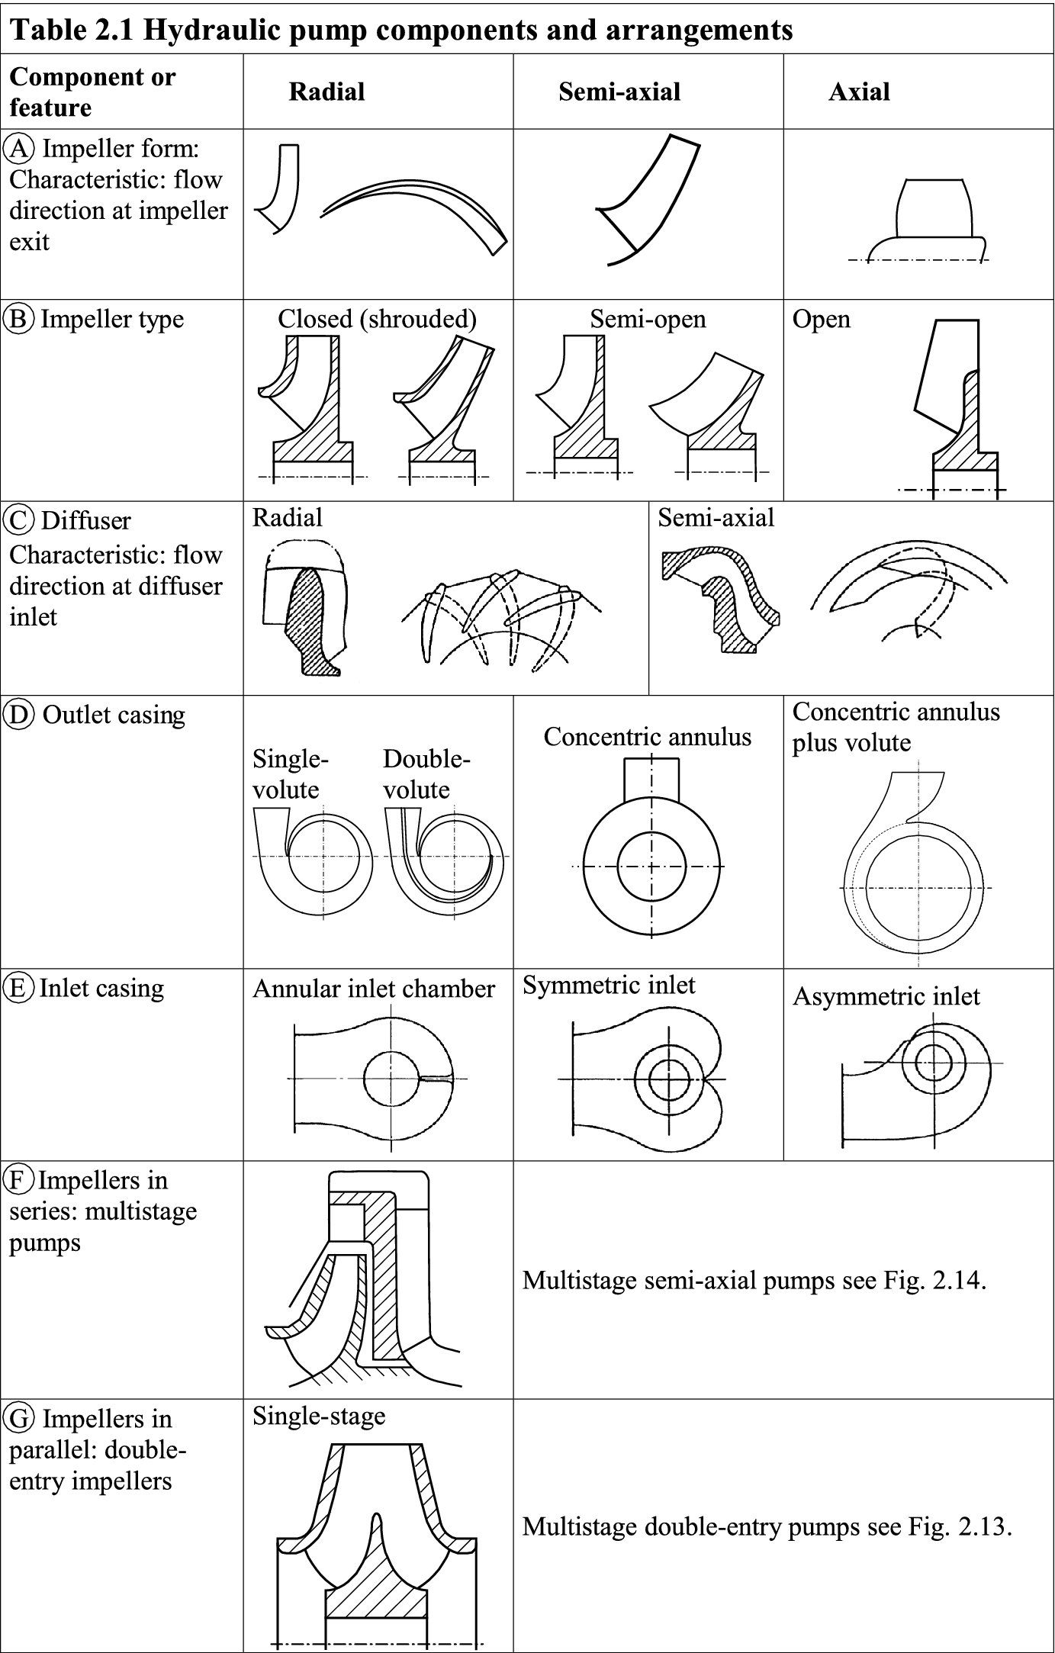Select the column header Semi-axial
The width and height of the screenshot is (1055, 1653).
click(x=619, y=92)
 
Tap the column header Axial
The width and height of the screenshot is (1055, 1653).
click(x=858, y=92)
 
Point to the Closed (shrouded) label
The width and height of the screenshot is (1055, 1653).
click(x=377, y=319)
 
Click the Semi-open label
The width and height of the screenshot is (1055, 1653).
click(x=648, y=319)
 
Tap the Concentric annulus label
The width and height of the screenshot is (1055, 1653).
click(x=647, y=737)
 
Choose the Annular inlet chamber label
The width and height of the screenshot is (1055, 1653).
click(x=373, y=989)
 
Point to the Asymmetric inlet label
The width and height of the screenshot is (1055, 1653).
click(x=886, y=996)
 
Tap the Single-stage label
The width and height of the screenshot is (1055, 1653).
click(x=319, y=1417)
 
